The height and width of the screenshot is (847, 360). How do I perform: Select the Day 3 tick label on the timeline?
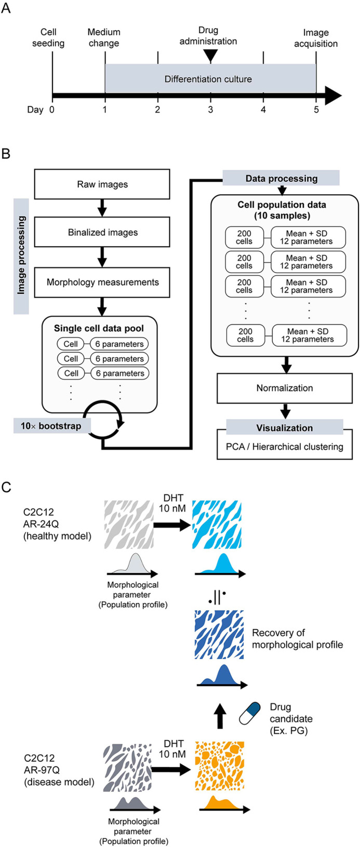click(210, 110)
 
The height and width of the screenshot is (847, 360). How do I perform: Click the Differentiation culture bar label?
click(208, 79)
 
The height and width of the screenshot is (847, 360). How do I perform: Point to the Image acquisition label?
click(315, 38)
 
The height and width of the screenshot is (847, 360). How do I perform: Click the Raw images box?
click(102, 184)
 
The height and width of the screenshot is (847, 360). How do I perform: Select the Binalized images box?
click(102, 232)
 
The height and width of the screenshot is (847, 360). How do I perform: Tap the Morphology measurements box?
click(102, 283)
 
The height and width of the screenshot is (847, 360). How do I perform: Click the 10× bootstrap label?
click(51, 426)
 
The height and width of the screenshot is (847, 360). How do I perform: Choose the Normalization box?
click(284, 388)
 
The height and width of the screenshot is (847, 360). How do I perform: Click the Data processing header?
click(281, 178)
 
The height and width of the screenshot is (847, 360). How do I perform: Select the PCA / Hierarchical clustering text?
click(284, 447)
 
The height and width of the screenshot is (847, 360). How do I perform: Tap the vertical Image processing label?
click(21, 256)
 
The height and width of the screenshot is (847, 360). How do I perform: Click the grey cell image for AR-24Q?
click(128, 525)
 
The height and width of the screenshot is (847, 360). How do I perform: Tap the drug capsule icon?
click(249, 714)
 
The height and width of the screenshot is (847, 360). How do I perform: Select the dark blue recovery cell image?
click(219, 634)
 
